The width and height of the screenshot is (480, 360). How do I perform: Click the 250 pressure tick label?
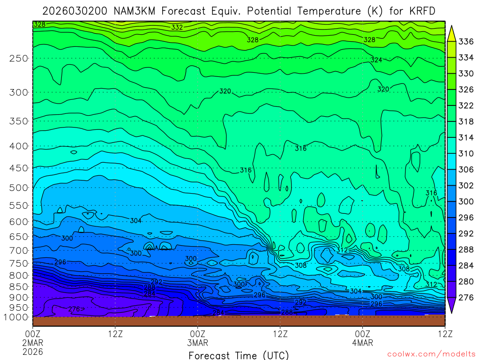point(19,58)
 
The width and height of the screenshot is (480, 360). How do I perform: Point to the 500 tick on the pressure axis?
point(19,187)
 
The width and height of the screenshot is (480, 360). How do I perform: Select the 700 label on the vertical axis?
point(19,249)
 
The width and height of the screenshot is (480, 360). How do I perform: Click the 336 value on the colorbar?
point(466,42)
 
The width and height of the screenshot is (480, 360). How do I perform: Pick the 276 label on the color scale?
point(466,297)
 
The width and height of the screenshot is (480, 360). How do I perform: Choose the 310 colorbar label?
point(466,153)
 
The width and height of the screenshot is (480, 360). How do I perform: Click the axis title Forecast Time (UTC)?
point(239,355)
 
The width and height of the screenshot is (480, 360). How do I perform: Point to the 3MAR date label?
point(198,343)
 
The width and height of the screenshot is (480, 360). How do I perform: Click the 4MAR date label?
point(363,343)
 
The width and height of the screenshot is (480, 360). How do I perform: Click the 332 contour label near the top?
point(177,28)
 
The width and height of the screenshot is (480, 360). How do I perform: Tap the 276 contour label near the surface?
point(74,309)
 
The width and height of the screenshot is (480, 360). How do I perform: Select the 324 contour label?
point(376,60)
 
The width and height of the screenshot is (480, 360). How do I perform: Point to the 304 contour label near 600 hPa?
point(136,221)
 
